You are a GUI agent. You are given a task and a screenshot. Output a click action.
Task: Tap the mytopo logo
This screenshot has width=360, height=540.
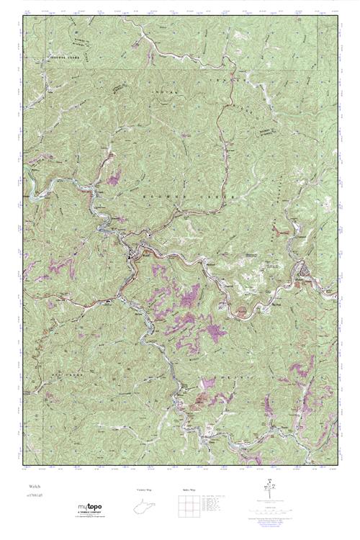[x=91, y=508]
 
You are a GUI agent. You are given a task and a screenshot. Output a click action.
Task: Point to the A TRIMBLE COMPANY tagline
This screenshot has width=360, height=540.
[x=91, y=514]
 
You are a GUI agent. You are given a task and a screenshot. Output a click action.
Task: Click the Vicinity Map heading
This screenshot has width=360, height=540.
[x=144, y=490]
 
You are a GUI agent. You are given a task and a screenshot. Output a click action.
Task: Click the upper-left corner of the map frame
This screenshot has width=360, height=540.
[x=22, y=17]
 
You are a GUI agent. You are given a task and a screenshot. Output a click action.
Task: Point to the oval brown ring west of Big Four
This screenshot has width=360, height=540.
[x=241, y=310]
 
